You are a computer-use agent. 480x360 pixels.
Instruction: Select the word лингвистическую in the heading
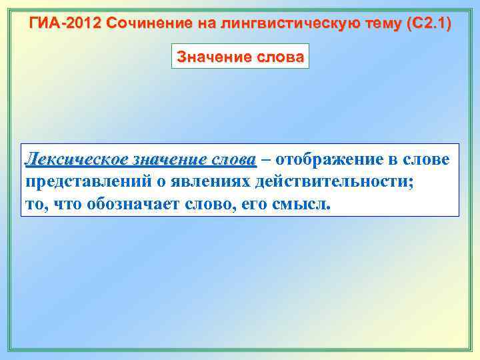273,25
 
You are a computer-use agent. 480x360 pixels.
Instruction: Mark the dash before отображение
266,161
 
